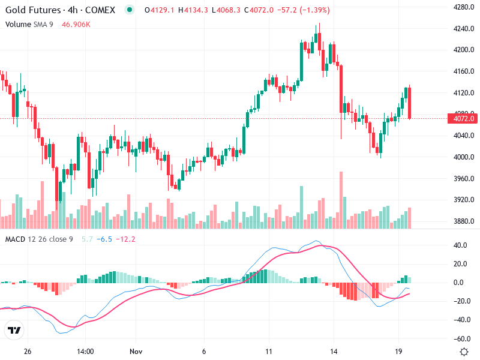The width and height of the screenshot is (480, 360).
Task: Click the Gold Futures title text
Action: click(33, 10)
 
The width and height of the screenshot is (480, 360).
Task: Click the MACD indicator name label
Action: click(15, 239)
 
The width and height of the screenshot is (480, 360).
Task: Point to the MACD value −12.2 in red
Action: click(125, 239)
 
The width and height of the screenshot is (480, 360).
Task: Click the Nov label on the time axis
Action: click(137, 351)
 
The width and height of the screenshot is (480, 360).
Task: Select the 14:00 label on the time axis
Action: click(86, 351)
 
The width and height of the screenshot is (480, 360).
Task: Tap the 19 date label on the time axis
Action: click(397, 351)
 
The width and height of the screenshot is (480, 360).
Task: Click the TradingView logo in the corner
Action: click(14, 331)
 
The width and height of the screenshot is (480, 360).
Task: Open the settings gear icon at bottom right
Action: click(464, 352)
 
